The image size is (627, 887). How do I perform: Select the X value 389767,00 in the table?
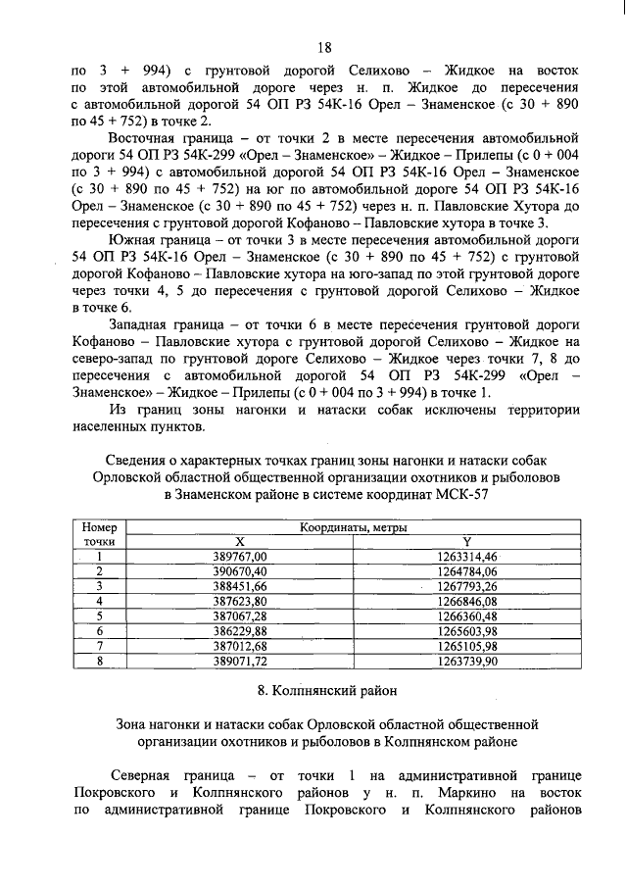click(240, 556)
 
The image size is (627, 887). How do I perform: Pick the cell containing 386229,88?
click(240, 631)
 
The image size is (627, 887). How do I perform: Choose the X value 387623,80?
click(240, 601)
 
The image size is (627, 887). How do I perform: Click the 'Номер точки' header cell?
click(99, 534)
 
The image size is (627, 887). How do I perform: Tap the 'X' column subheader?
click(240, 541)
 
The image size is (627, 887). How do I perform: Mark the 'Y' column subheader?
click(468, 541)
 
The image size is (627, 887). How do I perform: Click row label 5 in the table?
click(99, 616)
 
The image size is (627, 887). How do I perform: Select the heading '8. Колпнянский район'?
click(324, 692)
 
